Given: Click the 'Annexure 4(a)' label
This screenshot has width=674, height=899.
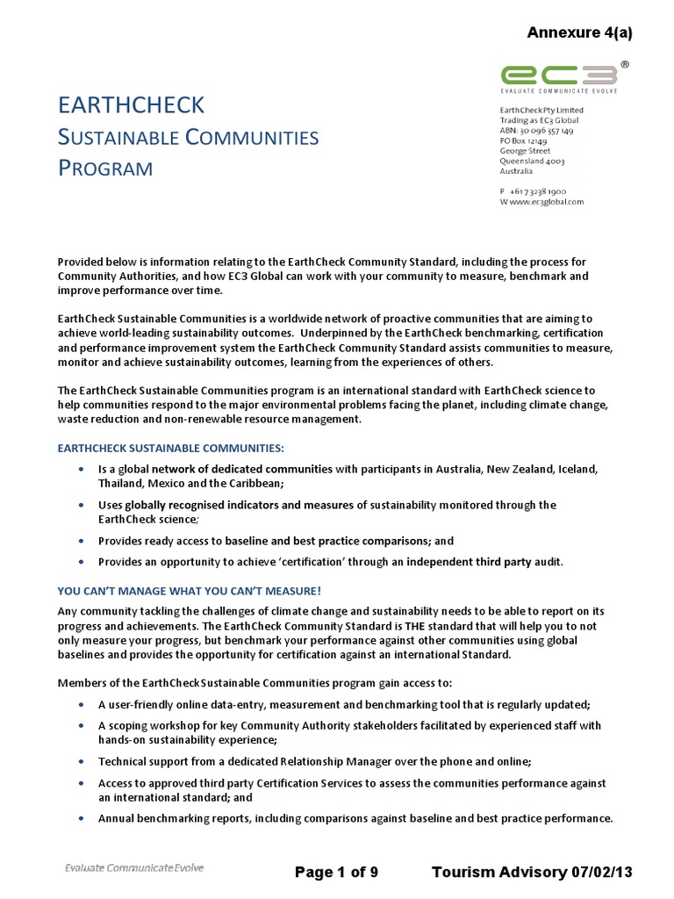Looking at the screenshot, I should point(578,33).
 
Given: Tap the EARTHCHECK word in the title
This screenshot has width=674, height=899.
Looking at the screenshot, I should point(131,105).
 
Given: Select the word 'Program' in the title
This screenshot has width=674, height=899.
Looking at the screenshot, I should point(105,168).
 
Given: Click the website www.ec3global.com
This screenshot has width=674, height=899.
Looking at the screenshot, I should point(546,201).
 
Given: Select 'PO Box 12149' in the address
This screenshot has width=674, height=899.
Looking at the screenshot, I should point(524,141).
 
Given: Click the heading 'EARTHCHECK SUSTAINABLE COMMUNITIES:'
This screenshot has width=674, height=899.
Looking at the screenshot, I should point(170,448).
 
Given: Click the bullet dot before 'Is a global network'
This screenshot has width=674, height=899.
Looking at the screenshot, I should point(82,470).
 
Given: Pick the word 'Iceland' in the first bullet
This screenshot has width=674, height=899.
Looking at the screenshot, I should point(575,469).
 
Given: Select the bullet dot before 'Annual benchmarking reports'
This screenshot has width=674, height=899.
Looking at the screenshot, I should point(82,818).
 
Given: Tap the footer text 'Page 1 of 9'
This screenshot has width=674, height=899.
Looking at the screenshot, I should point(337,872).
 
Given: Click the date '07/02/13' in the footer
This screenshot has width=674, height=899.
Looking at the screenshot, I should point(602,872).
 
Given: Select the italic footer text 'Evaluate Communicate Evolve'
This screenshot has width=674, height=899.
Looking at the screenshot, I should point(134,868).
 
